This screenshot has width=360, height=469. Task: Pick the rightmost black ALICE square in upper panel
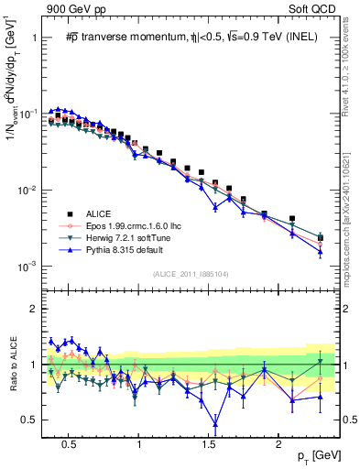[320, 237]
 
